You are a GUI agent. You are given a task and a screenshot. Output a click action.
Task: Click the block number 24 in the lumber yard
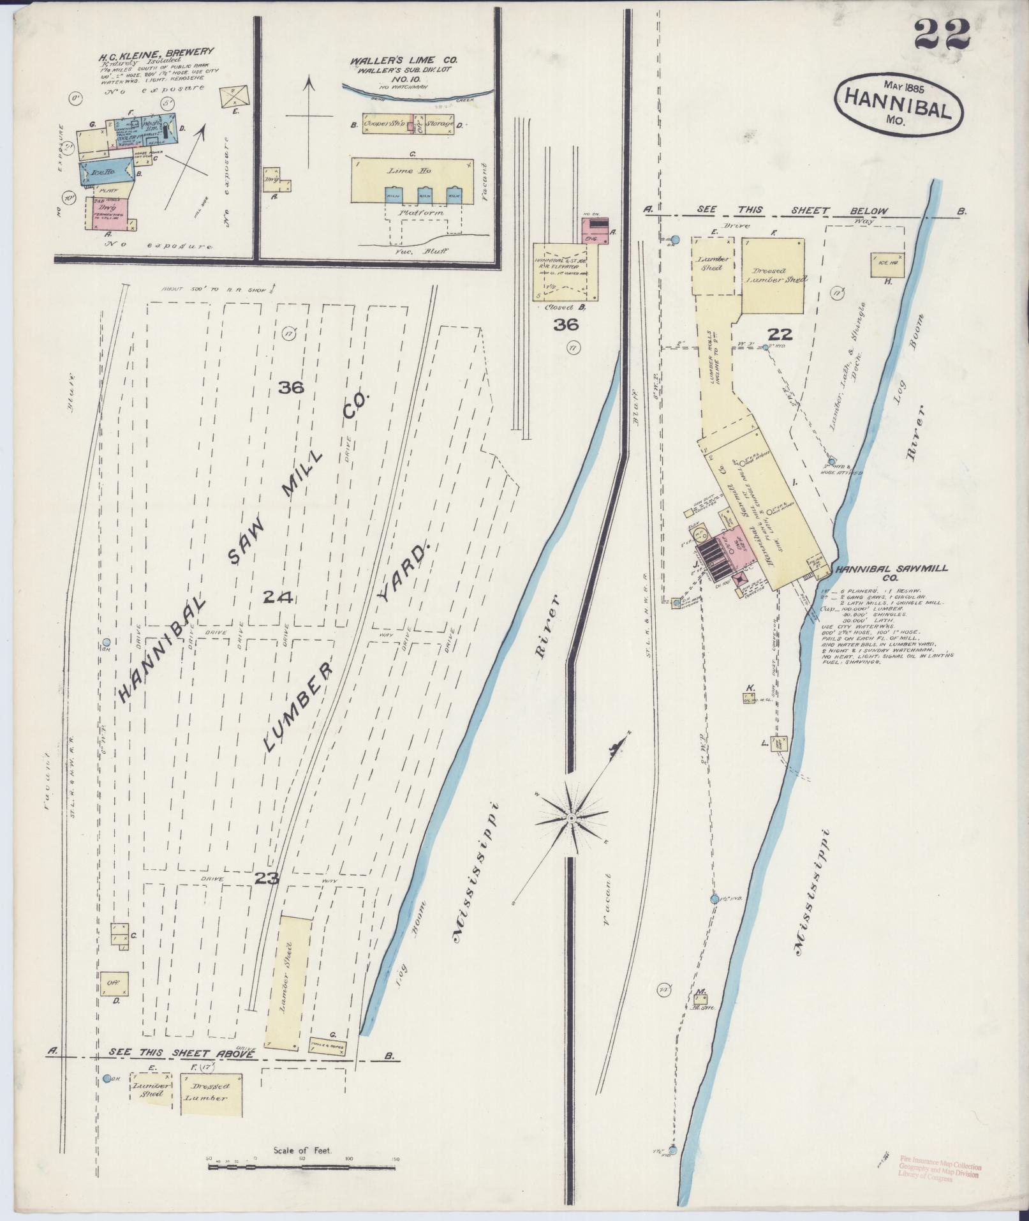pos(278,597)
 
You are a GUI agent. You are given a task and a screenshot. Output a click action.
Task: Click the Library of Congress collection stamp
pos(940,1167)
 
